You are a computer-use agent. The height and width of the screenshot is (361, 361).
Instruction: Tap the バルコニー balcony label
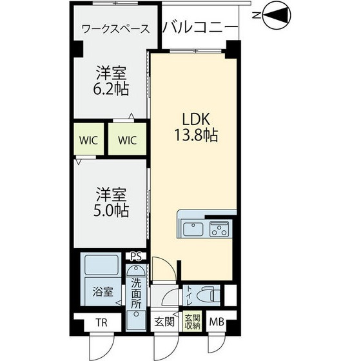[200, 27]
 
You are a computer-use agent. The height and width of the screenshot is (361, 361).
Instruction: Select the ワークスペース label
[116, 29]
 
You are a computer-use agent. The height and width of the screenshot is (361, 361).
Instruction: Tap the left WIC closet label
[88, 141]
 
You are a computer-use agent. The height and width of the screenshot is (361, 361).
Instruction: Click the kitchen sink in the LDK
[192, 229]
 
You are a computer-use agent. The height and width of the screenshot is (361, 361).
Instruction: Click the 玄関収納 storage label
[193, 322]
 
